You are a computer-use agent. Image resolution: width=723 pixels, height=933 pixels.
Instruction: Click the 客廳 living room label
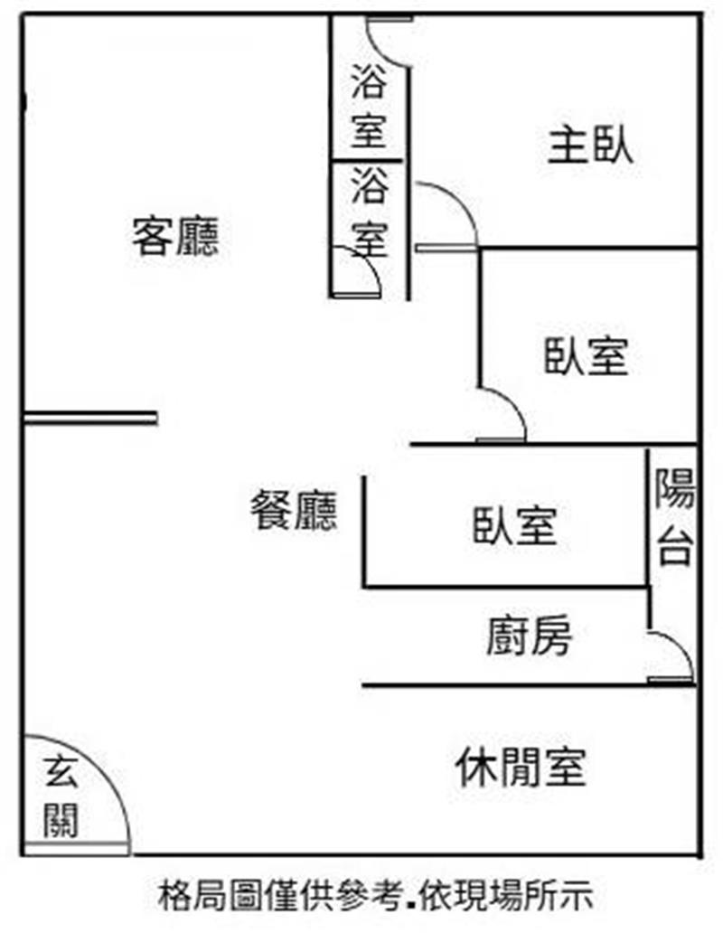pos(175,237)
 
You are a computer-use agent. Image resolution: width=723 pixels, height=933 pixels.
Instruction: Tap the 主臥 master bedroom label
pos(590,146)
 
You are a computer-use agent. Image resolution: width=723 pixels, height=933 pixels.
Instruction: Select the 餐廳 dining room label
pos(294,513)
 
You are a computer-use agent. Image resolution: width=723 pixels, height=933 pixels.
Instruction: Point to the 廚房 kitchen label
pos(529,638)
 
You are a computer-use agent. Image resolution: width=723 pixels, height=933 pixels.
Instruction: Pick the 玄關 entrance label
pos(61,796)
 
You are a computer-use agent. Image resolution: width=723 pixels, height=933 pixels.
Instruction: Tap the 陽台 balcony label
pos(675,518)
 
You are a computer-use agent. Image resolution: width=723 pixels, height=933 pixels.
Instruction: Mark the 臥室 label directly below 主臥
pos(586,356)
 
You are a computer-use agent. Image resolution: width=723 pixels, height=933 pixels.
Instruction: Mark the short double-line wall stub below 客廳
pos(90,418)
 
